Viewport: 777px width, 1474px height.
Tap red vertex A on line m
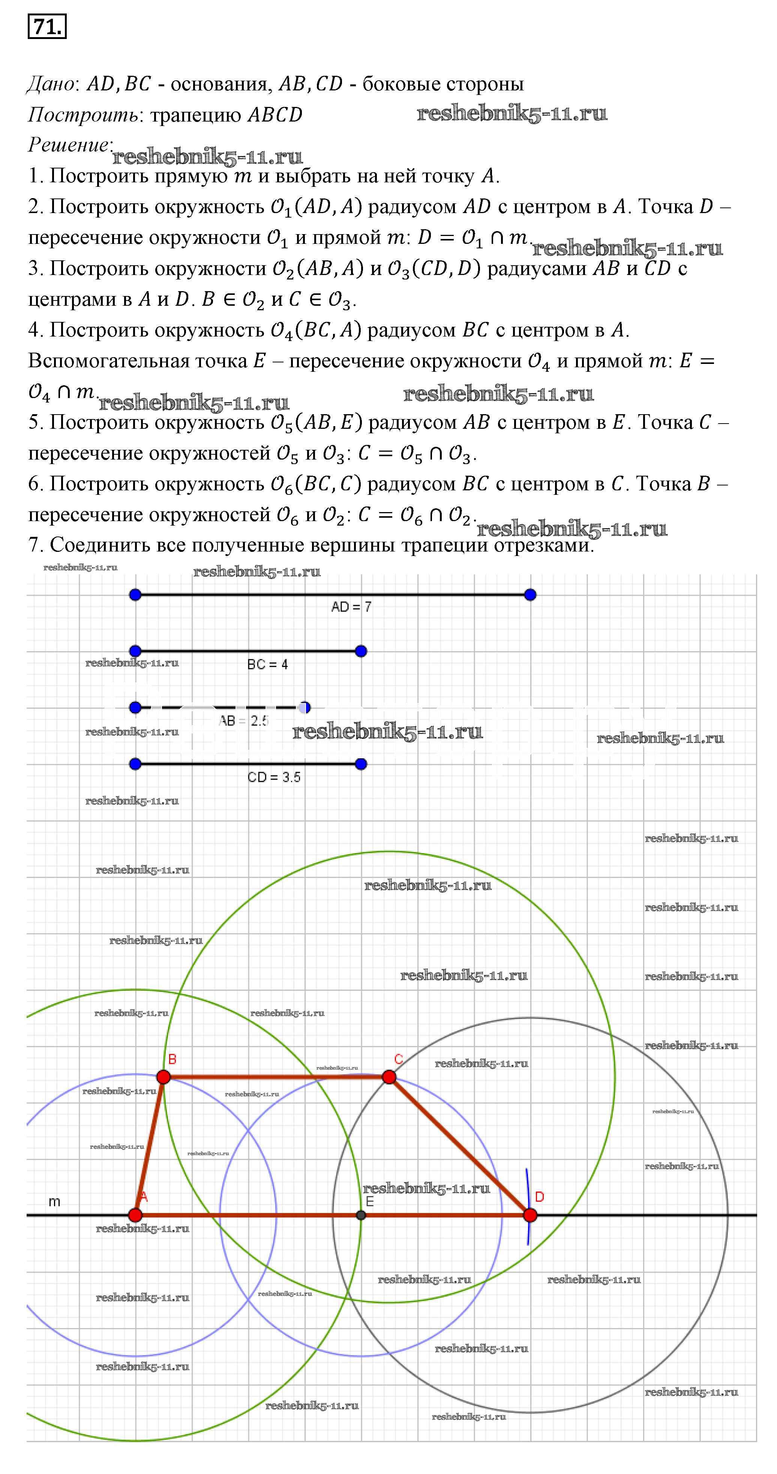(135, 1215)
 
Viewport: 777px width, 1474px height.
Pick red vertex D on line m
(530, 1215)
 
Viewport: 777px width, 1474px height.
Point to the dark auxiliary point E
(361, 1215)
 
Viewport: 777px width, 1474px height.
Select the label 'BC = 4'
(267, 664)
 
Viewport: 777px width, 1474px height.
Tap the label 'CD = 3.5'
(273, 777)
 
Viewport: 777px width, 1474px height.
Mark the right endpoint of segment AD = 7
(530, 595)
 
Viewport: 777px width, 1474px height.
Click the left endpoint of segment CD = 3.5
(135, 764)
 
